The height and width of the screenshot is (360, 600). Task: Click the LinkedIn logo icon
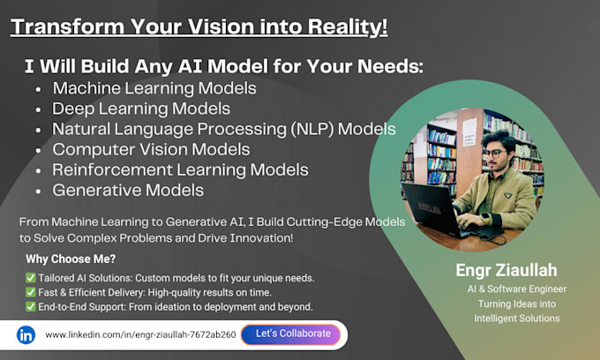coord(26,335)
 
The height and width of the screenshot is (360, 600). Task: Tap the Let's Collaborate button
coord(292,334)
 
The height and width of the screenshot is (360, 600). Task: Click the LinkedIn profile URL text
coord(140,335)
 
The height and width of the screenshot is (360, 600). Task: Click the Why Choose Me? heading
coord(70,259)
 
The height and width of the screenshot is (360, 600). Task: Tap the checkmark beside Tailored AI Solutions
coord(32,277)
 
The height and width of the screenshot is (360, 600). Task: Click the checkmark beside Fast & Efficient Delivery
coord(32,292)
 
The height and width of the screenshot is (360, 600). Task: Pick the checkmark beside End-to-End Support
coord(32,307)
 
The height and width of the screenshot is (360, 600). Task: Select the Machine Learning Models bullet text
coord(154,88)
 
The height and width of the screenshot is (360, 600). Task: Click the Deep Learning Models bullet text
coord(141,109)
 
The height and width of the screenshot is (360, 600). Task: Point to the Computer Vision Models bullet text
coord(151,149)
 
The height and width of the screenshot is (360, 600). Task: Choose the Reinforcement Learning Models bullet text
coord(180,169)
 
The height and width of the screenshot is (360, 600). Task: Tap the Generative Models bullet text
coord(128,190)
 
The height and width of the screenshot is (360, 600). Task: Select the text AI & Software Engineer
coord(517,289)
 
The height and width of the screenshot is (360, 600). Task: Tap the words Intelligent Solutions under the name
coord(517,319)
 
